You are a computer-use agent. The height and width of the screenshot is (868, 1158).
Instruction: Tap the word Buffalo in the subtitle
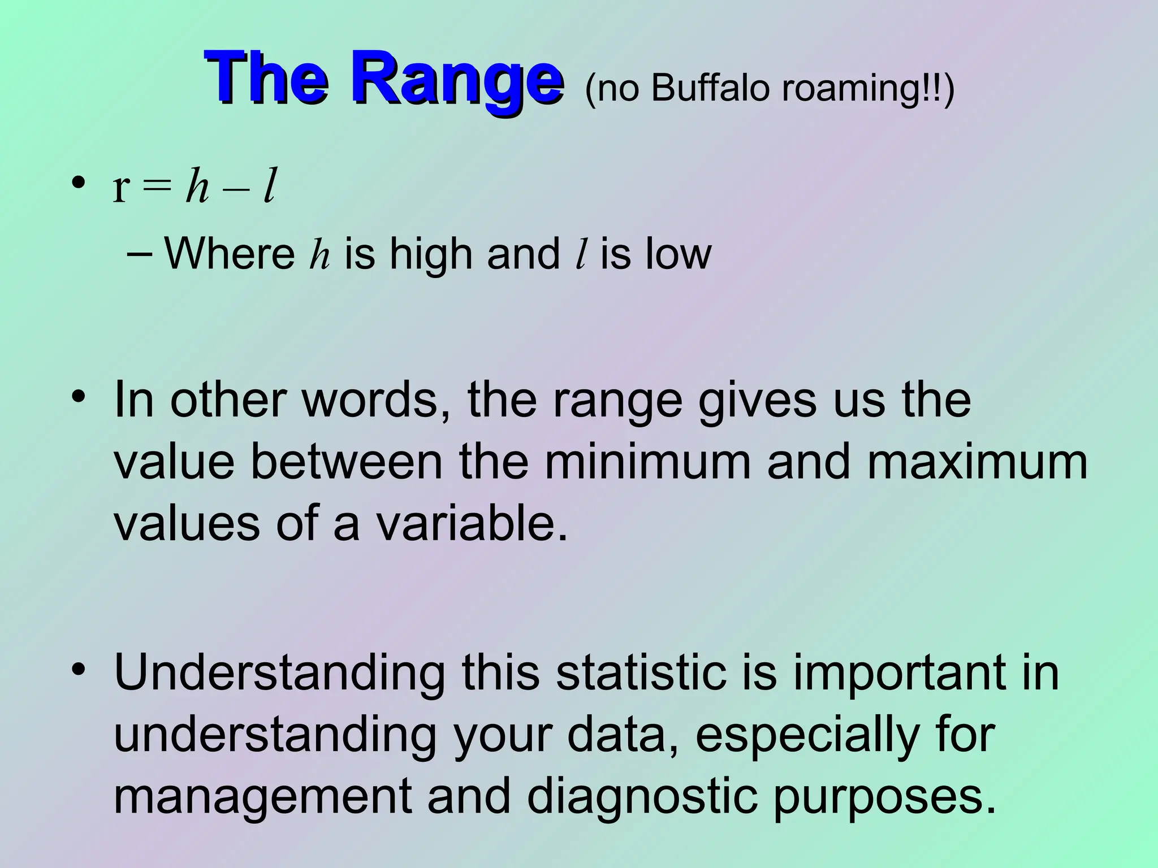[x=711, y=88]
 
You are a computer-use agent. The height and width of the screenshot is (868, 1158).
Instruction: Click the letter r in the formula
[x=122, y=189]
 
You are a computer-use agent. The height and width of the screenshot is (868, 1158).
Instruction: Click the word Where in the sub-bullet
[x=230, y=254]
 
